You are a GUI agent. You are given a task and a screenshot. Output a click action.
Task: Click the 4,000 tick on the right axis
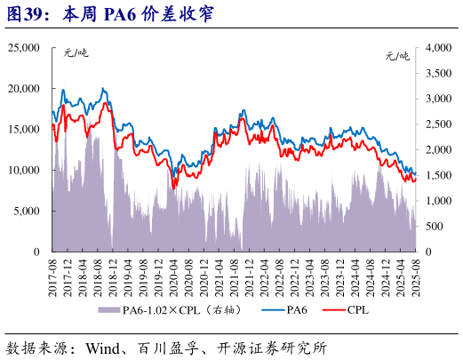[x=439, y=47]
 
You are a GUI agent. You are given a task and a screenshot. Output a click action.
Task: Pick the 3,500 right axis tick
[x=439, y=73]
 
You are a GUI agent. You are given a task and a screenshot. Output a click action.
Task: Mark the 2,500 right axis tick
[x=439, y=124]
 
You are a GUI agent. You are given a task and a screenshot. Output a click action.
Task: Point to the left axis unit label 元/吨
[x=76, y=54]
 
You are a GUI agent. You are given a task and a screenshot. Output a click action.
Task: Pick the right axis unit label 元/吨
[x=397, y=54]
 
